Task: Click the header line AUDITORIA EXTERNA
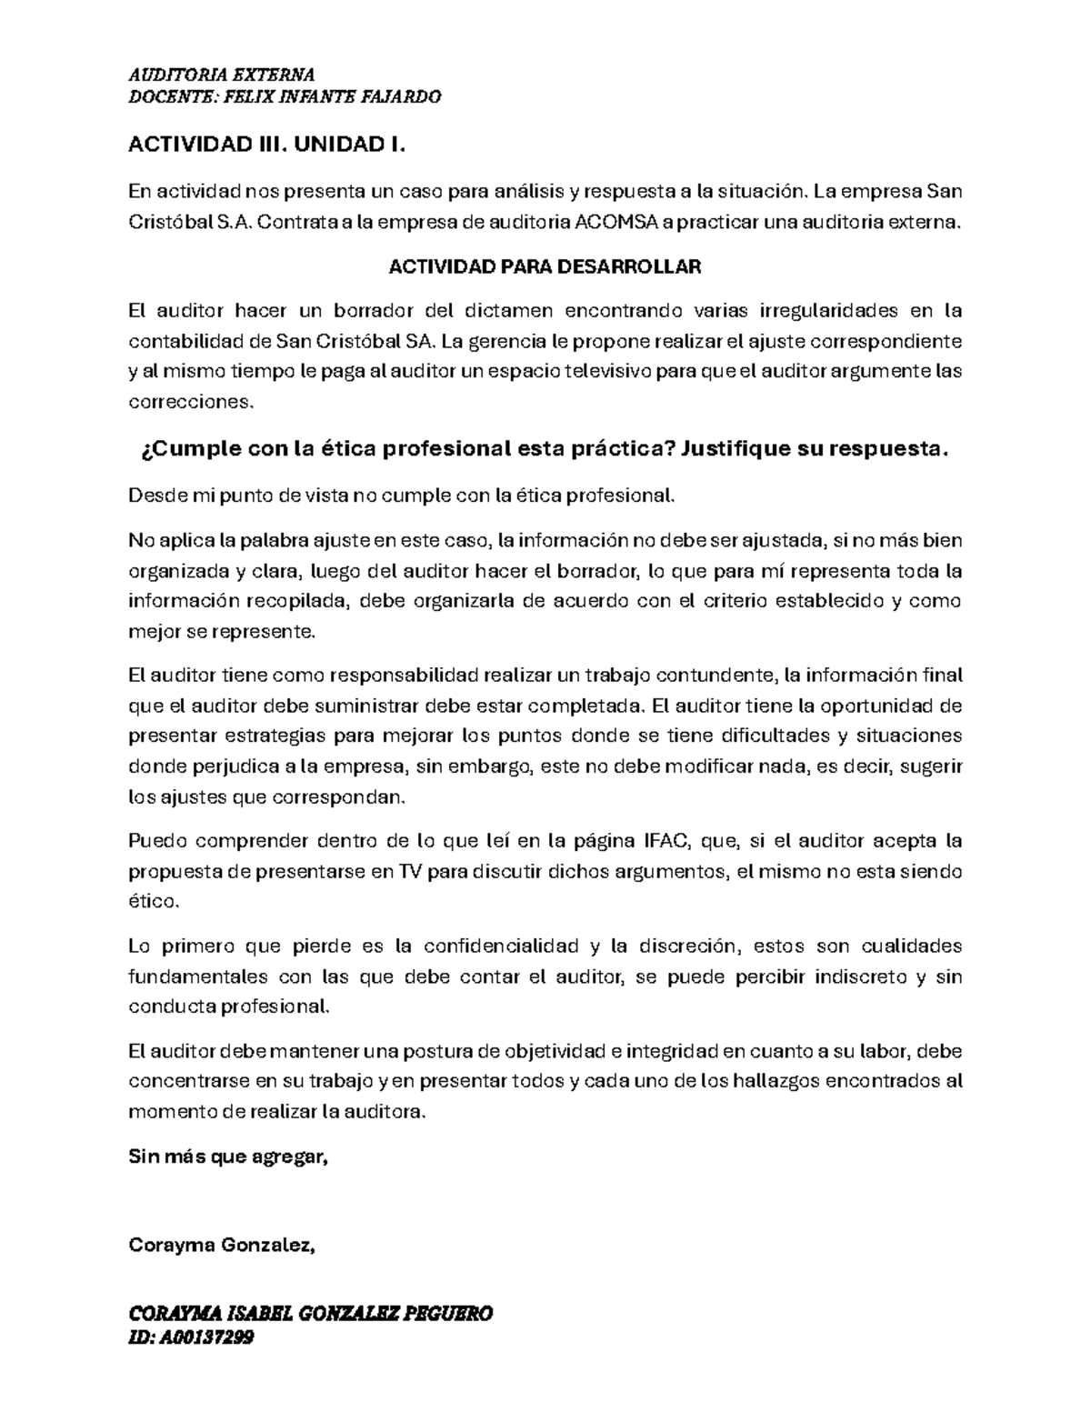(x=222, y=75)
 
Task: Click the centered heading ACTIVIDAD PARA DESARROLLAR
(x=545, y=266)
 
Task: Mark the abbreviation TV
(x=409, y=871)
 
